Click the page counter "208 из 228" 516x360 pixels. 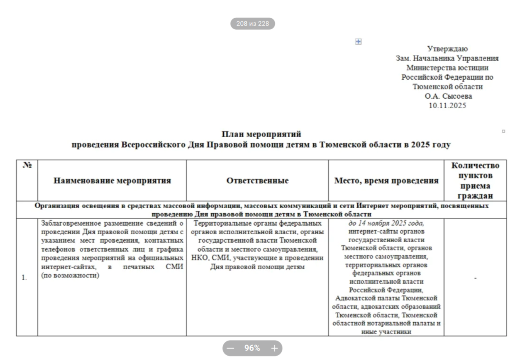[x=253, y=24]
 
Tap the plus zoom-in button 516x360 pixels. [x=274, y=349]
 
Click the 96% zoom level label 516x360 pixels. [x=252, y=349]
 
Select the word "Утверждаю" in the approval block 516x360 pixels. [x=447, y=49]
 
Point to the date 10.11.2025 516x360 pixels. [x=447, y=106]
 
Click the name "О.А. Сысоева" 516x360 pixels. [x=448, y=96]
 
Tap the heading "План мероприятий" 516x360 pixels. [x=261, y=134]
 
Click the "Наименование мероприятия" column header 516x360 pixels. [x=112, y=181]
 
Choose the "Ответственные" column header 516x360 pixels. [x=257, y=181]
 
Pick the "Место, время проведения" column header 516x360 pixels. [x=386, y=181]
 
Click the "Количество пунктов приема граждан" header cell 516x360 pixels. [x=475, y=180]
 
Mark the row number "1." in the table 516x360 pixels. [x=24, y=278]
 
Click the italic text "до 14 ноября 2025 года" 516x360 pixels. [x=386, y=223]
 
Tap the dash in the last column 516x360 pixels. [x=475, y=278]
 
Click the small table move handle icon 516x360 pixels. [x=358, y=42]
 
